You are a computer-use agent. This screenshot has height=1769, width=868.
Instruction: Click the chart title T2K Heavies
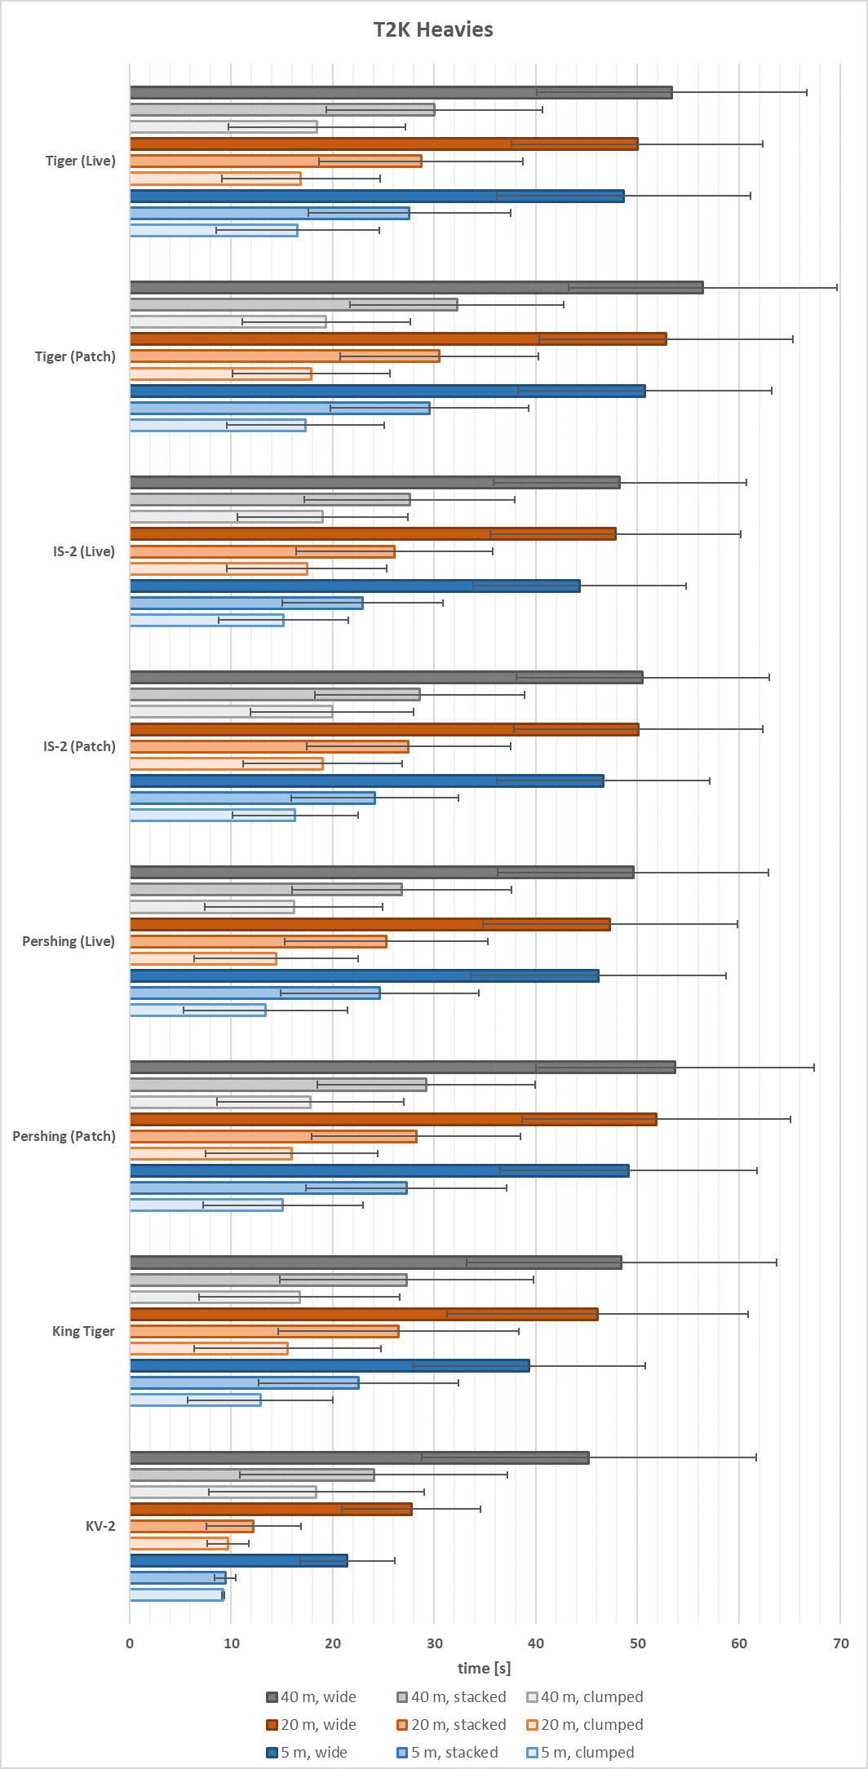coord(433,30)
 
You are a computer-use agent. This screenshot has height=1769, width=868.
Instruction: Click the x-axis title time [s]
coord(484,1668)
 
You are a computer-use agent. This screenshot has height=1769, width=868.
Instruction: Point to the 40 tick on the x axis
coord(536,1643)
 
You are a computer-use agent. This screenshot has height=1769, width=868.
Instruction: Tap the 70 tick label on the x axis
coord(840,1643)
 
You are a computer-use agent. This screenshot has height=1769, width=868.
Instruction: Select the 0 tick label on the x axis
coord(130,1643)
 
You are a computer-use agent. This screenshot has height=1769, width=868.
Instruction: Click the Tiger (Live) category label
coord(80,161)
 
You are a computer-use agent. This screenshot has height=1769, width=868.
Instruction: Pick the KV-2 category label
coord(100,1526)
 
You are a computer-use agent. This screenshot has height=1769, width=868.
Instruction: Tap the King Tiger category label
coord(83,1331)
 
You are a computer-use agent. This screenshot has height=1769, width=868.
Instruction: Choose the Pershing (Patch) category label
coord(64,1136)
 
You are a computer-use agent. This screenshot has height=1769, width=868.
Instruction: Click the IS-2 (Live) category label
coord(83,551)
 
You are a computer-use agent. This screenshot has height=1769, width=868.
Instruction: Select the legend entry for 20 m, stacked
coord(451,1725)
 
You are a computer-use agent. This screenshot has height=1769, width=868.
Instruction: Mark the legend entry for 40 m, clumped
coord(585,1697)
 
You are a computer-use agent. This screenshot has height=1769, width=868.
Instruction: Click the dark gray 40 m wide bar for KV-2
coord(359,1457)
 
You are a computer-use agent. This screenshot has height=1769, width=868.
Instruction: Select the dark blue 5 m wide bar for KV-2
coord(238,1560)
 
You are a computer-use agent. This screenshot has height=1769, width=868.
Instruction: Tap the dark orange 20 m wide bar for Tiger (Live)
coord(383,144)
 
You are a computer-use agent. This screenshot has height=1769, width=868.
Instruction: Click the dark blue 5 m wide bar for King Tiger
coord(330,1365)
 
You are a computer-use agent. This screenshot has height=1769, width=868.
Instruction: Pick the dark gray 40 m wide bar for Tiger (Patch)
coord(416,287)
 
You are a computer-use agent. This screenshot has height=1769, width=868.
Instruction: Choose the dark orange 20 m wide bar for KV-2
coord(271,1509)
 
